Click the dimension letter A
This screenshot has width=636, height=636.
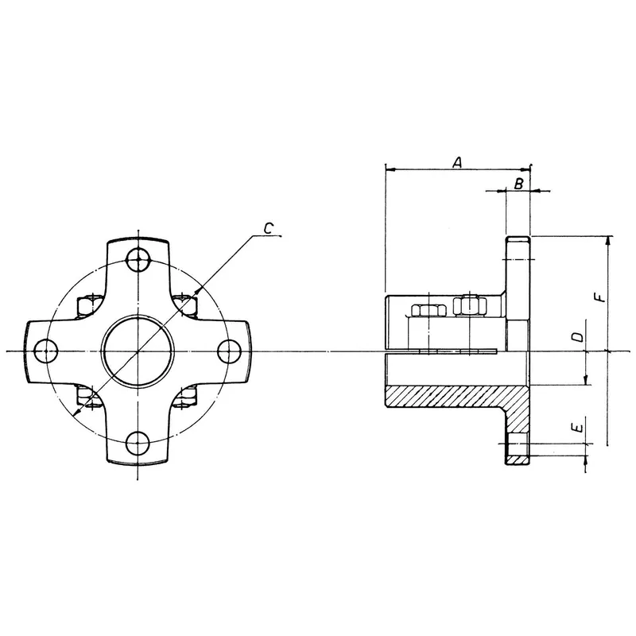pyautogui.click(x=457, y=162)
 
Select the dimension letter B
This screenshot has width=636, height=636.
pyautogui.click(x=518, y=184)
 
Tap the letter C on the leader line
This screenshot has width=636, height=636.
pyautogui.click(x=270, y=229)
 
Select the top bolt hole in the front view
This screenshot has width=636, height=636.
pyautogui.click(x=139, y=258)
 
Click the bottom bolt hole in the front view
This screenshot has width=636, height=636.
pyautogui.click(x=139, y=443)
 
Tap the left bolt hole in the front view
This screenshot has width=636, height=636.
pyautogui.click(x=46, y=350)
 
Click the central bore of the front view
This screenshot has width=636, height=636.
pyautogui.click(x=139, y=350)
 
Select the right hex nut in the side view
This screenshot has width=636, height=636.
pyautogui.click(x=468, y=305)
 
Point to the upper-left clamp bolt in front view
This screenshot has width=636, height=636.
pyautogui.click(x=87, y=305)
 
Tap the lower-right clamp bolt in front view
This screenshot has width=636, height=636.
pyautogui.click(x=190, y=395)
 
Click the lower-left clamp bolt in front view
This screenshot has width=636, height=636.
pyautogui.click(x=87, y=395)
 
